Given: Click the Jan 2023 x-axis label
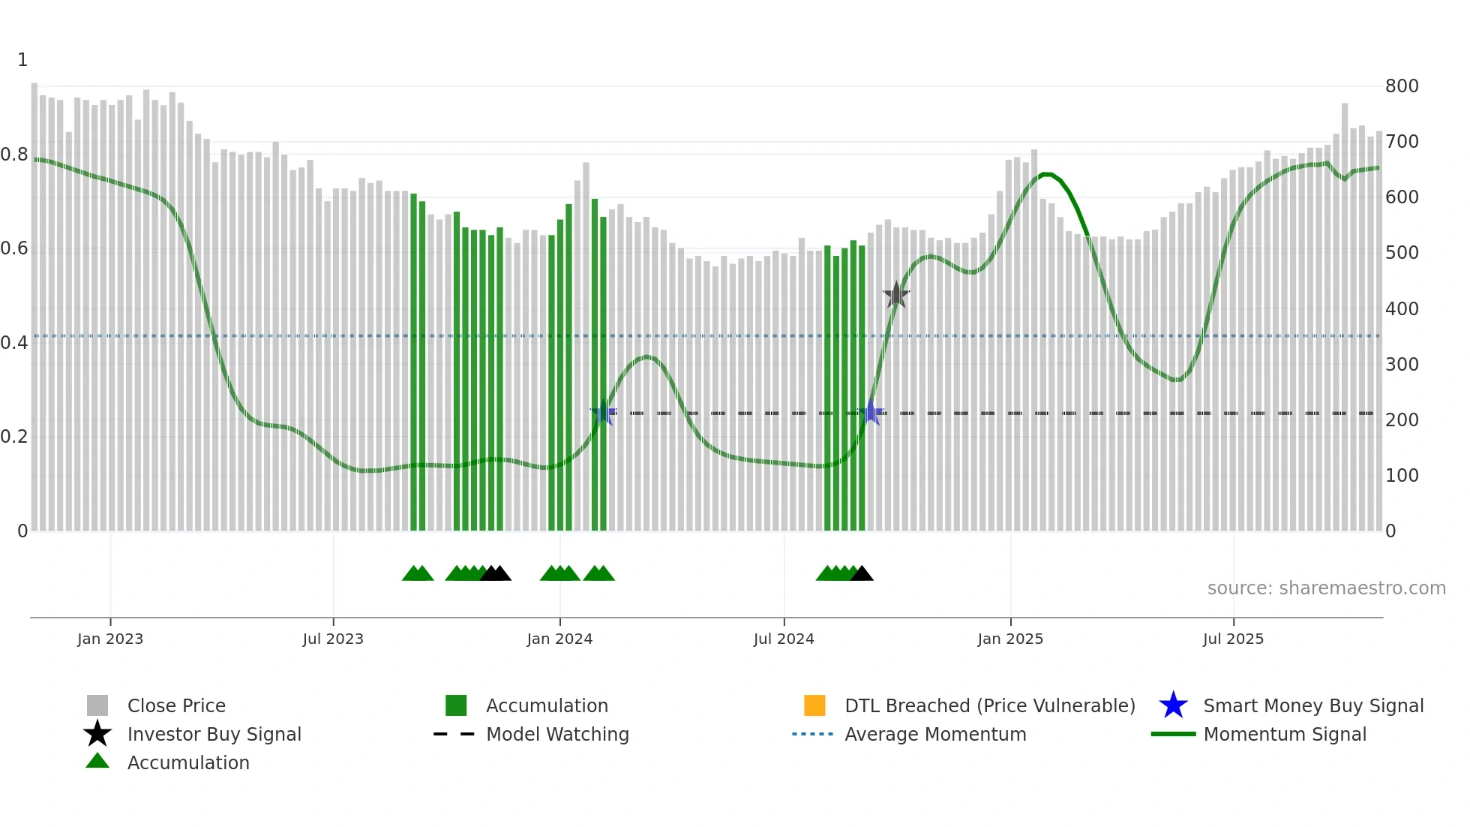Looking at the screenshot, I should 110,639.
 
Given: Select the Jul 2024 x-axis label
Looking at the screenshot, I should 784,639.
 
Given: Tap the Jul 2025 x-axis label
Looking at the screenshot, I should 1233,639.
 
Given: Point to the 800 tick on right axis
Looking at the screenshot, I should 1402,86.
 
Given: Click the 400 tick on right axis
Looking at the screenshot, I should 1402,309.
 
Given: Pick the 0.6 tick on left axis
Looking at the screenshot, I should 14,249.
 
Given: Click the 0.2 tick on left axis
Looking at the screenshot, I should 14,437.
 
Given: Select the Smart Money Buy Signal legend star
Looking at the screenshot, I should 1173,706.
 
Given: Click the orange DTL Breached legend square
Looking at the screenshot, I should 814,706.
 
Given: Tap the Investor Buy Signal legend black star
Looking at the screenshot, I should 97,734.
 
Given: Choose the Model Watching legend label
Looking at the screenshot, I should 557,735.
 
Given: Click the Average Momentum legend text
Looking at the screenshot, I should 935,735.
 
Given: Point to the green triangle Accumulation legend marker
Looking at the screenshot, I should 97,761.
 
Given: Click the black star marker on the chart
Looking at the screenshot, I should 896,295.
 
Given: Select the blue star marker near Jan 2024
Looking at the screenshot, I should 603,413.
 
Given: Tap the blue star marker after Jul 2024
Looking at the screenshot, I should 871,413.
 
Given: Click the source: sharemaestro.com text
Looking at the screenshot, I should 1326,588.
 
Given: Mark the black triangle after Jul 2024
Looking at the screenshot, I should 862,574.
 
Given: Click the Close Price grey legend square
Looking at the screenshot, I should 97,706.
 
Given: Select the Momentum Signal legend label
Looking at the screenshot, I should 1285,735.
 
